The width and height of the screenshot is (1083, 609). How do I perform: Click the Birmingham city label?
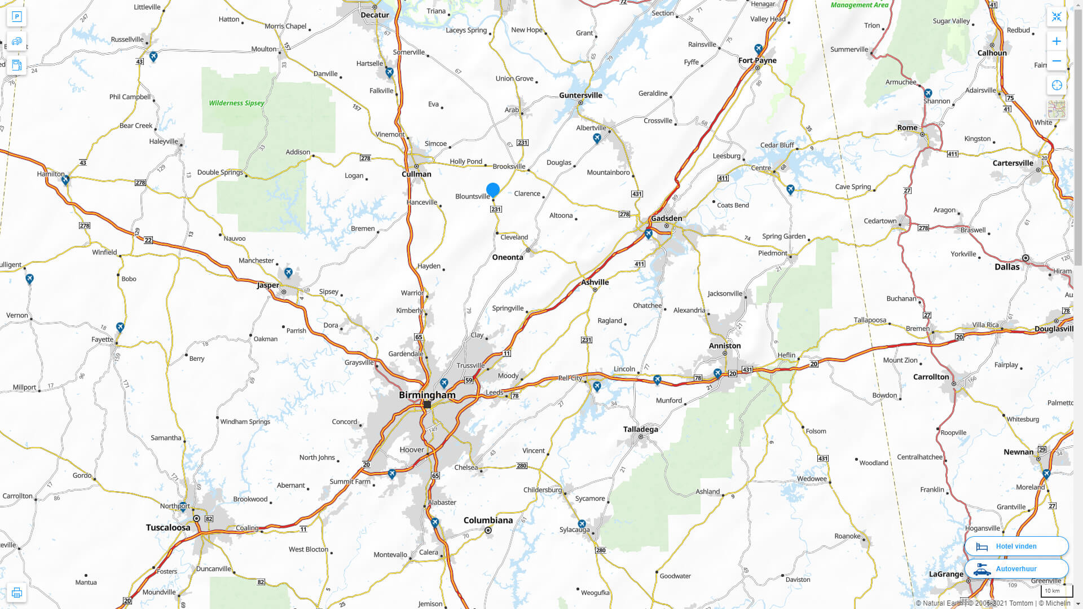tap(427, 395)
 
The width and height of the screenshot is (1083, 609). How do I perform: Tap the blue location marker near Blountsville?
tap(493, 189)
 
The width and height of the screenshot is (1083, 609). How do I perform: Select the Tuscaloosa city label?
tap(168, 528)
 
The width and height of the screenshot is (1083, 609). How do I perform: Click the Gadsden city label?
tap(666, 218)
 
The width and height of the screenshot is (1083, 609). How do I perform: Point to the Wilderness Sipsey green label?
tap(236, 103)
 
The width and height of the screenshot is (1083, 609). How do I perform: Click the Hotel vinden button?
tap(1016, 546)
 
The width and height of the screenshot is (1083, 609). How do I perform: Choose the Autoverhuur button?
tap(1016, 568)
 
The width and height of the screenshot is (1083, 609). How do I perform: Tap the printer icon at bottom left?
tap(16, 593)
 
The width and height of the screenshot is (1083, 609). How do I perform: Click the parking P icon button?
tap(16, 16)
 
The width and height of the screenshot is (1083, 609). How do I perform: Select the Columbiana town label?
tap(488, 520)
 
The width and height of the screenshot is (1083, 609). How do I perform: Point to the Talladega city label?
tap(640, 429)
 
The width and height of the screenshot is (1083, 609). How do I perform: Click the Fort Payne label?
tap(757, 60)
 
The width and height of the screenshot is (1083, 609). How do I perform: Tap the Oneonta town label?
tap(508, 257)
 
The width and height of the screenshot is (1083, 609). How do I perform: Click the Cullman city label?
tap(416, 174)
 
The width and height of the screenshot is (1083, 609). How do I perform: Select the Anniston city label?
tap(725, 346)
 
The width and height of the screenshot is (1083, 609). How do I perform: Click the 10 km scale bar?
tap(1056, 591)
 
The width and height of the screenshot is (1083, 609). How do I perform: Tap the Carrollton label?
tap(931, 377)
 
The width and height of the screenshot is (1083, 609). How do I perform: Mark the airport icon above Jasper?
tap(288, 273)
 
